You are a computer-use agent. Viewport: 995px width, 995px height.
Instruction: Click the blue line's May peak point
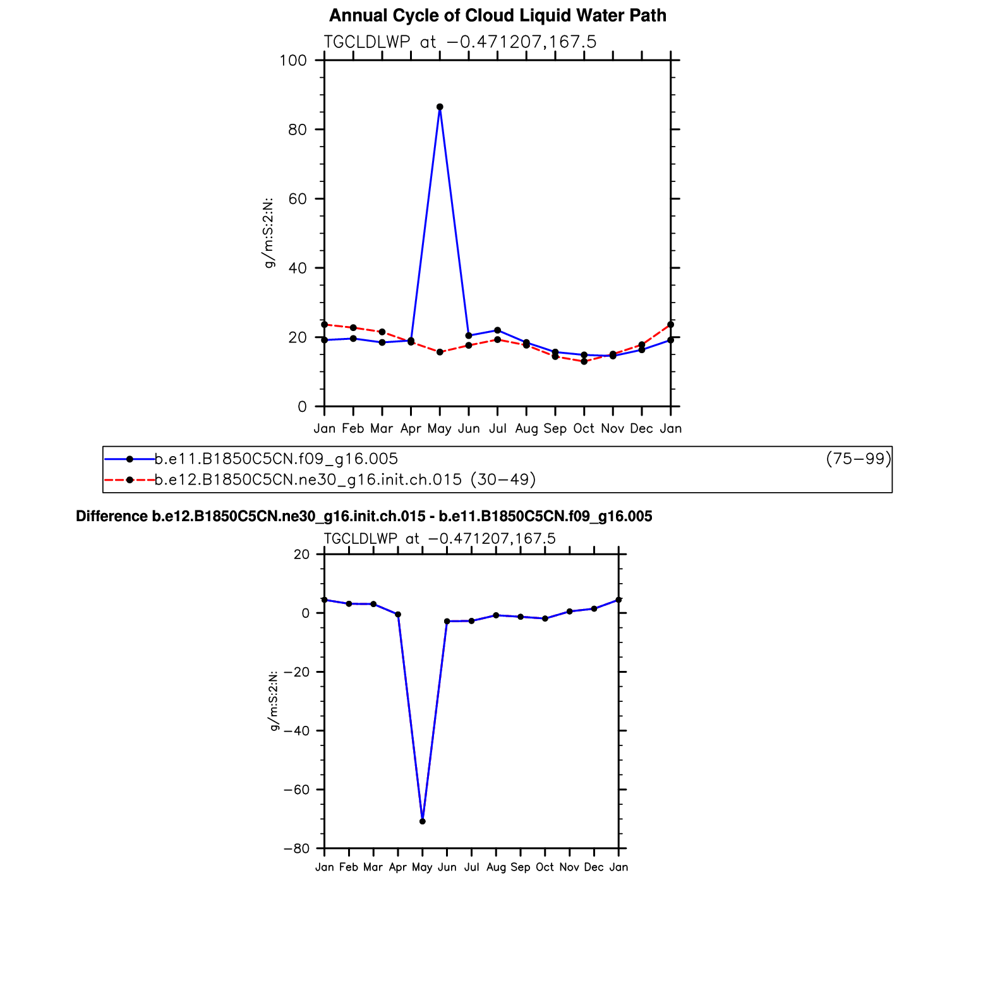[440, 107]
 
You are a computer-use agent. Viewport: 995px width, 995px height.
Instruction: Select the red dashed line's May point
[440, 352]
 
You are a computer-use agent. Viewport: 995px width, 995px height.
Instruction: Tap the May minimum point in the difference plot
[422, 821]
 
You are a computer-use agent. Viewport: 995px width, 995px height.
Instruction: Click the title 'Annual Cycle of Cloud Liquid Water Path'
[497, 15]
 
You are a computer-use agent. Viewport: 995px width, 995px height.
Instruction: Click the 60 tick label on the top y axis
[297, 199]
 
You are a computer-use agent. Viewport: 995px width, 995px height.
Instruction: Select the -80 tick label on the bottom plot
[296, 848]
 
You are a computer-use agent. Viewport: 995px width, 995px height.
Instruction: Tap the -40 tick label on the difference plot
[296, 731]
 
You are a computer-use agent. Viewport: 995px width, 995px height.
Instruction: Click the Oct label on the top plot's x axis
[584, 428]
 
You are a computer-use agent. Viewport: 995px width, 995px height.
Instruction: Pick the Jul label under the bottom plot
[471, 867]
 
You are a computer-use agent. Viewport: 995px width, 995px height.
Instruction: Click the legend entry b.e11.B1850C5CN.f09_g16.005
[276, 459]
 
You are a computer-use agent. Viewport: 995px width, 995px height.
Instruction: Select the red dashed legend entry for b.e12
[345, 479]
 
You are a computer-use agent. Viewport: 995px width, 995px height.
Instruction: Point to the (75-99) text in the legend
[858, 459]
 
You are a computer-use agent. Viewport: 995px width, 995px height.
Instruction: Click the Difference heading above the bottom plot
[364, 516]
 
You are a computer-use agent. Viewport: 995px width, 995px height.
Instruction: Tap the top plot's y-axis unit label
[269, 233]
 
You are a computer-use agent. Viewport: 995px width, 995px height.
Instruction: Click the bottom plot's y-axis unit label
[274, 701]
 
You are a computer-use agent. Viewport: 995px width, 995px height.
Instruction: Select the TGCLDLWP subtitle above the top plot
[460, 42]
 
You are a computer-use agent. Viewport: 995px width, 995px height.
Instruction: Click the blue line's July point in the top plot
[497, 330]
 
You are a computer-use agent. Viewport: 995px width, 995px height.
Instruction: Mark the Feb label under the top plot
[353, 428]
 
